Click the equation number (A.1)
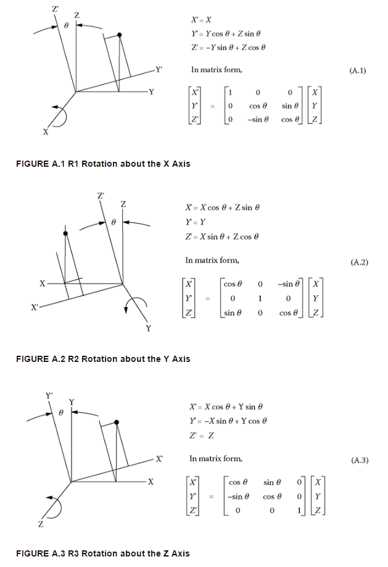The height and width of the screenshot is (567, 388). [357, 71]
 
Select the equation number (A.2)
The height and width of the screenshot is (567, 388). [359, 262]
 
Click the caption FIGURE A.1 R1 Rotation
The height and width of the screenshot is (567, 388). [103, 164]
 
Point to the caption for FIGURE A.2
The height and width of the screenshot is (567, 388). [103, 359]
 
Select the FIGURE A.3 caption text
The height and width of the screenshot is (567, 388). [103, 553]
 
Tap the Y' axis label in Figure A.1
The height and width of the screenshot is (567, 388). [159, 70]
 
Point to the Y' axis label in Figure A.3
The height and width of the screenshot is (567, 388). [50, 395]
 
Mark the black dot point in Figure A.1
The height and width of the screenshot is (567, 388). [120, 36]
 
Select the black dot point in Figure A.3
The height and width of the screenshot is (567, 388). [118, 422]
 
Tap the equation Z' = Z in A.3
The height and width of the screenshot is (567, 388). [202, 436]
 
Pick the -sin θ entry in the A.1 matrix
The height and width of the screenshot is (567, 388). [258, 119]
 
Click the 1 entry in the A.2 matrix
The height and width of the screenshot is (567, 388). [261, 298]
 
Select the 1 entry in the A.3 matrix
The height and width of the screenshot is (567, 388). [299, 511]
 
